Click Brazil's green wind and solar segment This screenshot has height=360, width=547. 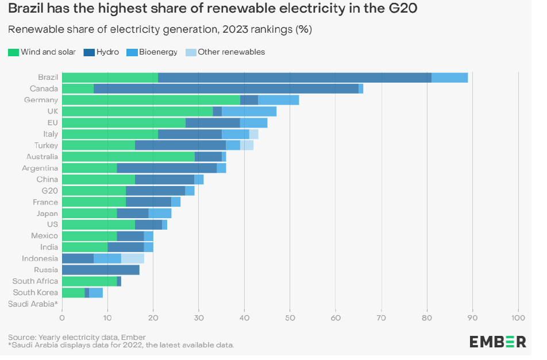click(110, 78)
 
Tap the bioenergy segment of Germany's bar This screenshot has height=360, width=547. click(278, 100)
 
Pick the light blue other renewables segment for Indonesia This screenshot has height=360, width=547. click(132, 258)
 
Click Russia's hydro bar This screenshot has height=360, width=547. click(101, 270)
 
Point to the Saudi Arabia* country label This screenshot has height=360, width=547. click(33, 304)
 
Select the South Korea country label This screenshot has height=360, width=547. click(35, 292)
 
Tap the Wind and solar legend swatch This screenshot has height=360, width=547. click(13, 52)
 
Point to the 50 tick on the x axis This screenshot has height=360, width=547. click(290, 316)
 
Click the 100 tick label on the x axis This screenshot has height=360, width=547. click(518, 316)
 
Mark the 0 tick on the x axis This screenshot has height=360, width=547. click(62, 316)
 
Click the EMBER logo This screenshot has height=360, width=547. click(497, 342)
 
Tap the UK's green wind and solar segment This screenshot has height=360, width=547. click(137, 111)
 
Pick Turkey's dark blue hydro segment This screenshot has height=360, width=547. click(180, 145)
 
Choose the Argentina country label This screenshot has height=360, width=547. click(40, 168)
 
